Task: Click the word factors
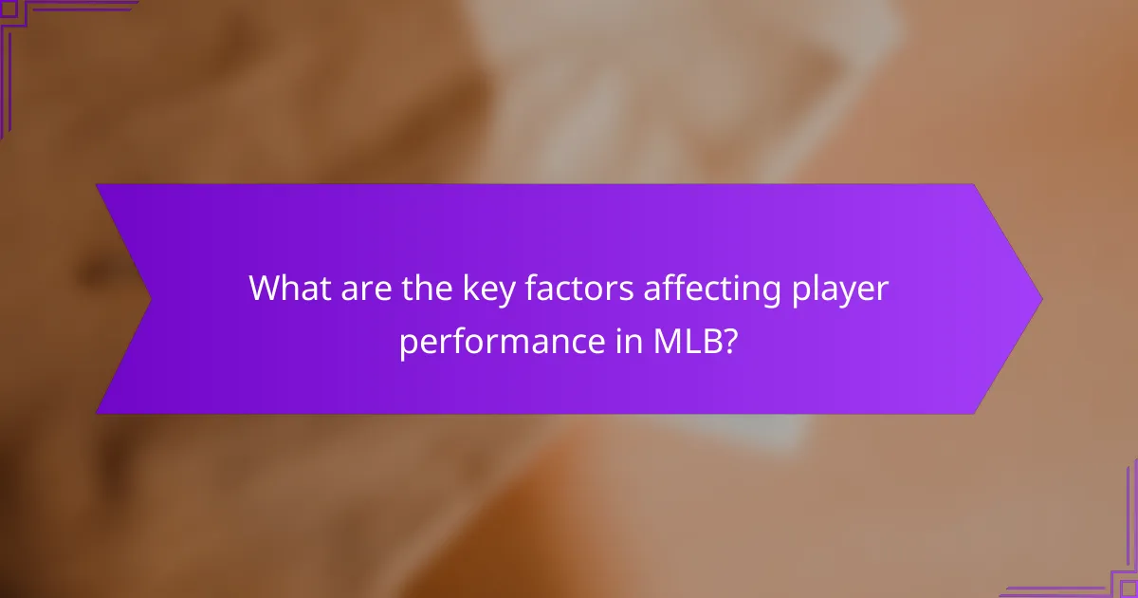(x=564, y=289)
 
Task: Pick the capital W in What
(x=266, y=289)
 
